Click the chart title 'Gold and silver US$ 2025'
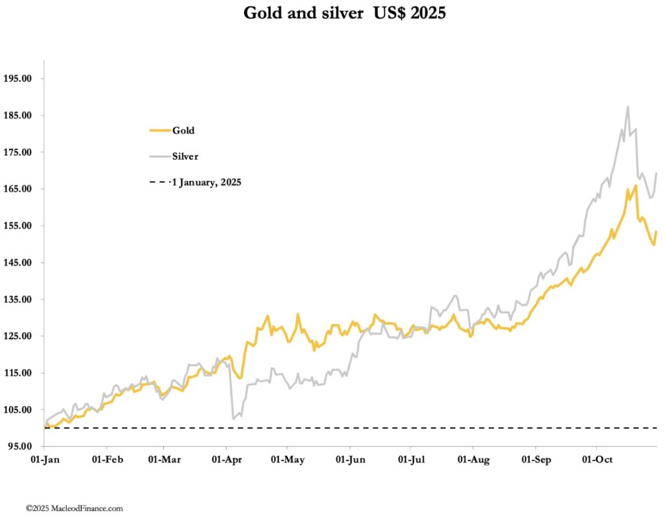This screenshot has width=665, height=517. point(344,13)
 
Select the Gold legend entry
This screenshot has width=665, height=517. point(183,130)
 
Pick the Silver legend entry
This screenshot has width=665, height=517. point(185,156)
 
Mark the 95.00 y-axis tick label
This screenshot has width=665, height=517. point(21,446)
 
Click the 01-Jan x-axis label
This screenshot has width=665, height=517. point(44,460)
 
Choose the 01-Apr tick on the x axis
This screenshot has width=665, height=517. point(227,460)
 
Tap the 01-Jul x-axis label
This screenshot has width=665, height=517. point(410,460)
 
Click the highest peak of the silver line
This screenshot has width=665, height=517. point(628,107)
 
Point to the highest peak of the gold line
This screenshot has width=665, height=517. point(636,186)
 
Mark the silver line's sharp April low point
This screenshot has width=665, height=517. point(233,419)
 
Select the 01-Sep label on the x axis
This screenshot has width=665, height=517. point(536,460)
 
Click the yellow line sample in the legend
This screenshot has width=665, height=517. point(159,130)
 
